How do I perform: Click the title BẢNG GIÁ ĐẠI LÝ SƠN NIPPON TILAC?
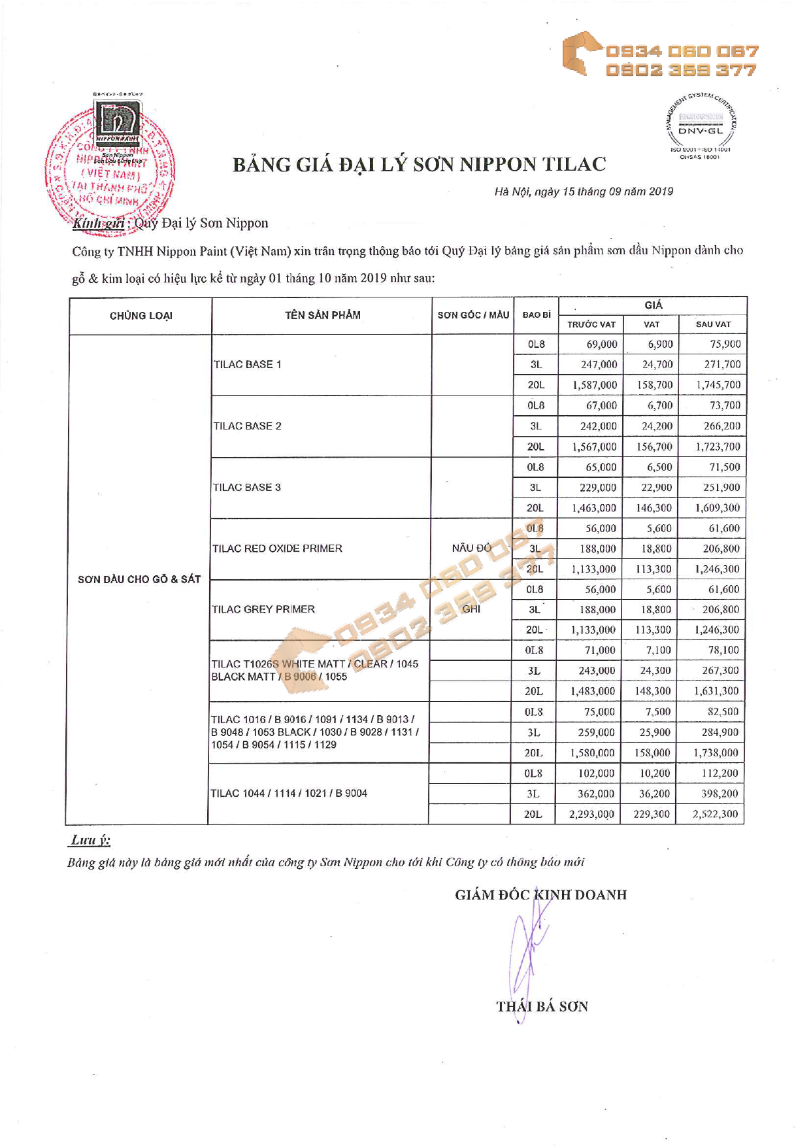(x=419, y=164)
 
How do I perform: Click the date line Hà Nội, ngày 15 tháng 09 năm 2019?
(x=583, y=192)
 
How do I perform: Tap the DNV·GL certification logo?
(x=701, y=124)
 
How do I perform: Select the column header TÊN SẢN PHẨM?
(x=322, y=315)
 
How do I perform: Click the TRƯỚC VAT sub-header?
(x=591, y=324)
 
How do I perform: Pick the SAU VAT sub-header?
(x=712, y=324)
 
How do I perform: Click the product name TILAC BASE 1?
(x=247, y=365)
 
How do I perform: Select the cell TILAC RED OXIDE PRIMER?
(x=276, y=549)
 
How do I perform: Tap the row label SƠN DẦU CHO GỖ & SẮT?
(x=139, y=579)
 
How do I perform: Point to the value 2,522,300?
(x=715, y=814)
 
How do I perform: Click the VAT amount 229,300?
(x=652, y=814)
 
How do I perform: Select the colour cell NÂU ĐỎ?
(x=471, y=548)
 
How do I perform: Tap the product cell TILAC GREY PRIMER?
(x=263, y=609)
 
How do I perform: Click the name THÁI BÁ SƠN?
(x=542, y=1007)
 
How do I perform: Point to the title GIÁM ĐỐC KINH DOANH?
(x=540, y=894)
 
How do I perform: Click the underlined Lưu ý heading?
(x=90, y=840)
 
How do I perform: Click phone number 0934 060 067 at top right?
(x=682, y=51)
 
